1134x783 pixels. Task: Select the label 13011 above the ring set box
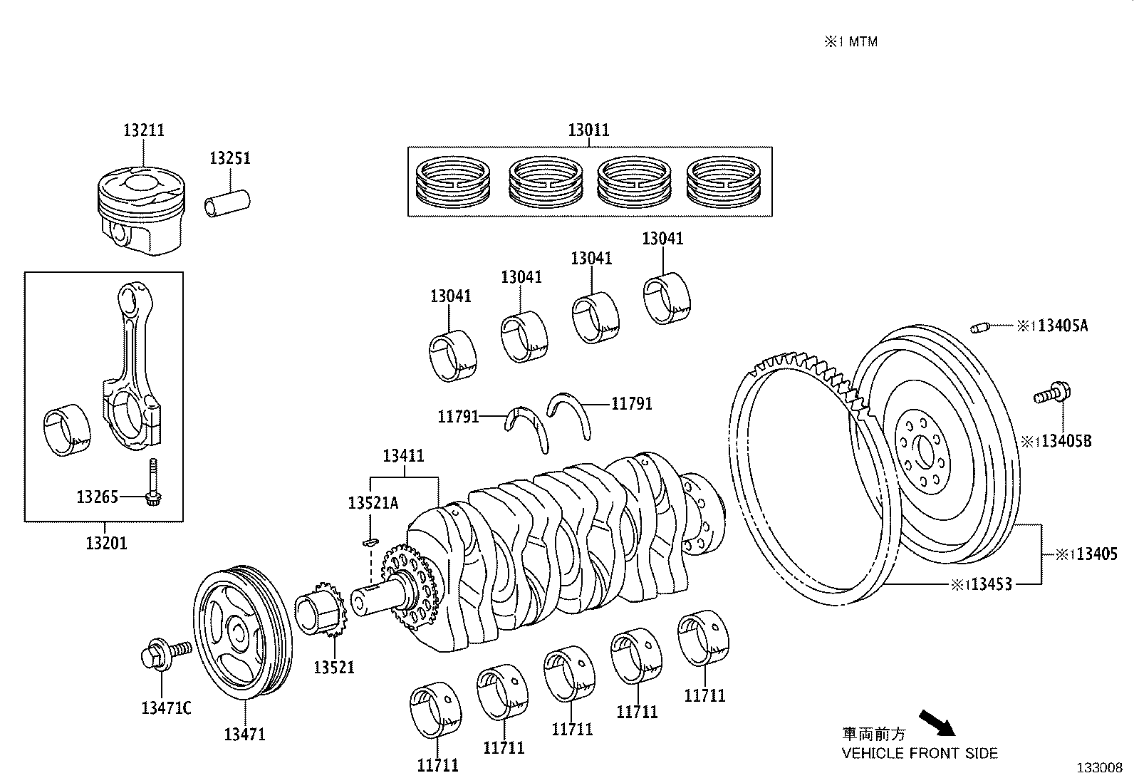588,130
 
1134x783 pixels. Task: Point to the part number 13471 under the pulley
244,734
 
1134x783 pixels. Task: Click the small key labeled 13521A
368,542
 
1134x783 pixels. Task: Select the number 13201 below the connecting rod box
106,543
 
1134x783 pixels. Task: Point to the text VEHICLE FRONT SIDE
920,753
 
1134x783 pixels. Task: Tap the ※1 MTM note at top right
850,42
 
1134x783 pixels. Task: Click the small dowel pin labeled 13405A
980,328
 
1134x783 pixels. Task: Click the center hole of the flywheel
926,453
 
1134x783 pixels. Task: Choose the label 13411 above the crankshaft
403,456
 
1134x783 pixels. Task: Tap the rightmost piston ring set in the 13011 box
723,182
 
